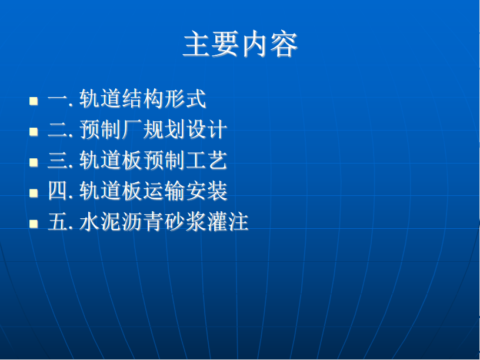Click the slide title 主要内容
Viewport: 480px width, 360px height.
(x=241, y=44)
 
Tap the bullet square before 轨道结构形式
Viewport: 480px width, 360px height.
(x=34, y=101)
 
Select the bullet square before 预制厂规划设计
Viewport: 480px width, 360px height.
(x=34, y=132)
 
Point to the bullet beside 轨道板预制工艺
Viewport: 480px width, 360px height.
(x=34, y=162)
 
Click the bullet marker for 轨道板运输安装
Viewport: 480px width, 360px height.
(x=34, y=193)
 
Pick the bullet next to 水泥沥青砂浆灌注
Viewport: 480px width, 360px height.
(x=34, y=224)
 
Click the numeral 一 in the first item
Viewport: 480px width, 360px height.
(x=58, y=99)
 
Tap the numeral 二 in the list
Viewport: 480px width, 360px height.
(x=58, y=130)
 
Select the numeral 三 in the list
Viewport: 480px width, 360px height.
(x=58, y=161)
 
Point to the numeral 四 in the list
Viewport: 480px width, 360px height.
(x=58, y=191)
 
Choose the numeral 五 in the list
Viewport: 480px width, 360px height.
(x=58, y=222)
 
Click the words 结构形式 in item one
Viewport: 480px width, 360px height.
(x=164, y=99)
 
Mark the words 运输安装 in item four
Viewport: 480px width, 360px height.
(x=185, y=191)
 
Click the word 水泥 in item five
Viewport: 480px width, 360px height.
(x=101, y=221)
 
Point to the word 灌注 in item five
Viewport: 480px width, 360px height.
(x=228, y=221)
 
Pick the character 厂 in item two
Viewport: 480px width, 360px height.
(x=132, y=129)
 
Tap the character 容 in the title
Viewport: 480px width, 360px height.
(x=284, y=44)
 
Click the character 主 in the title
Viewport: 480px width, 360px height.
(x=196, y=44)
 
